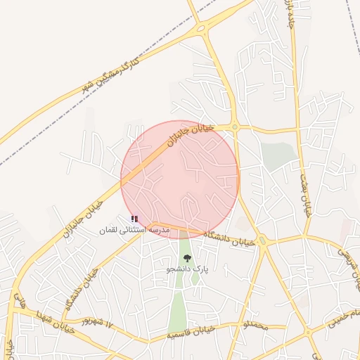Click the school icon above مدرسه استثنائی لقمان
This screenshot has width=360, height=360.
pos(134,219)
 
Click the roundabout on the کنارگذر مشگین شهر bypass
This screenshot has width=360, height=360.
pos(202,29)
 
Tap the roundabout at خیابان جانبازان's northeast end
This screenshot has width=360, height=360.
pos(234,127)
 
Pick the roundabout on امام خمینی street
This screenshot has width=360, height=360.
pos(307,331)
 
